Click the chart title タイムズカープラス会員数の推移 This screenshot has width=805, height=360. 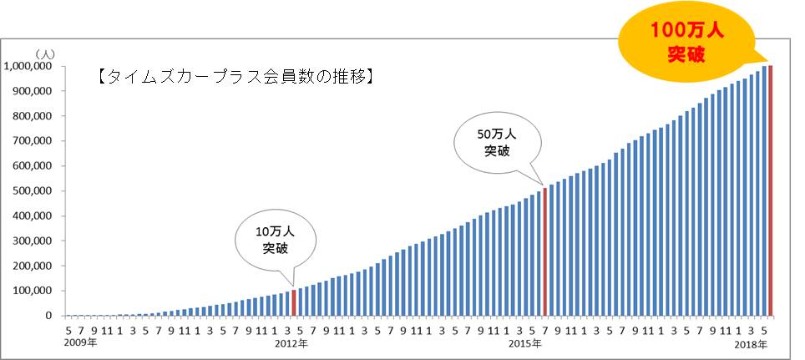pyautogui.click(x=235, y=77)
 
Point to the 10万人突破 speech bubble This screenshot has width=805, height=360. pyautogui.click(x=275, y=239)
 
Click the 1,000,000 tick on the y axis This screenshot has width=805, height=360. pyautogui.click(x=29, y=66)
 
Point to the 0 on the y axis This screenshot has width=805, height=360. pyautogui.click(x=51, y=317)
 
